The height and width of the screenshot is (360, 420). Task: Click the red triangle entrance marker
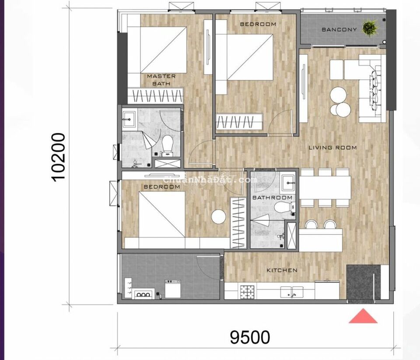[363, 316]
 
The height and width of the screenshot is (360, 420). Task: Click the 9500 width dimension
[250, 337]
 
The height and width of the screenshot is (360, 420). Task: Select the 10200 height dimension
[58, 158]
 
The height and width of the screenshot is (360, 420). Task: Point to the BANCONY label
[339, 29]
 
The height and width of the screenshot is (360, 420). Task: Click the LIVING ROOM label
[332, 148]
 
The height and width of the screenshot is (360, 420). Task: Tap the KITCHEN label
[282, 270]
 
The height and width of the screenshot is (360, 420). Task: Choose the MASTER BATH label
[161, 80]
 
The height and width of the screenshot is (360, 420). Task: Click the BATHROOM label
[273, 198]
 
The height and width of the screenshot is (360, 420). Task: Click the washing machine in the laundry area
[173, 289]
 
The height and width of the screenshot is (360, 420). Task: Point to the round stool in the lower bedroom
[219, 217]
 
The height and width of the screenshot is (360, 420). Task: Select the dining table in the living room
[325, 187]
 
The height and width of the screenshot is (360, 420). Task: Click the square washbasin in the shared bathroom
[288, 183]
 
